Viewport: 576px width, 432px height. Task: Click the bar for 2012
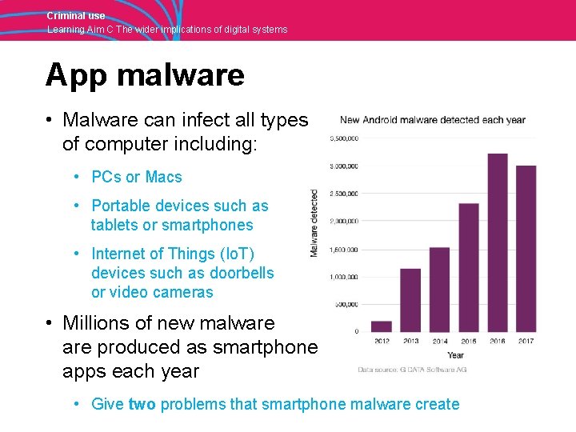coord(382,326)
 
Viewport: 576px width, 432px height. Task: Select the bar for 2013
coord(410,300)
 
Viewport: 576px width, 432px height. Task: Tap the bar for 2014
coord(439,290)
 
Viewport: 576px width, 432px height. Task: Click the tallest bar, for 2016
coord(498,242)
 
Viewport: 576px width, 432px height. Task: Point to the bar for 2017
coord(526,248)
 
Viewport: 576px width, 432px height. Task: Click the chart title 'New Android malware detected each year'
coord(433,121)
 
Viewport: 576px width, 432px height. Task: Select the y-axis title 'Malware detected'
coord(314,223)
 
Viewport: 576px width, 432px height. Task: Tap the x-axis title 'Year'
coord(455,355)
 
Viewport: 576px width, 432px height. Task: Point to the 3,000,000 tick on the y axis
coord(344,166)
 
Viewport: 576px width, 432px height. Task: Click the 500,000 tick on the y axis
coord(346,304)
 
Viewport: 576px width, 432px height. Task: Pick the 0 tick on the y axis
coord(355,331)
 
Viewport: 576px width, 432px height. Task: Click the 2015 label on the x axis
coord(469,342)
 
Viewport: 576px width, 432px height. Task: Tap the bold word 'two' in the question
coord(142,404)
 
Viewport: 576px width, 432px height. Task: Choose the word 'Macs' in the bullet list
coord(164,177)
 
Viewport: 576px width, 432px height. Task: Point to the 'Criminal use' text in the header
coord(76,16)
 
